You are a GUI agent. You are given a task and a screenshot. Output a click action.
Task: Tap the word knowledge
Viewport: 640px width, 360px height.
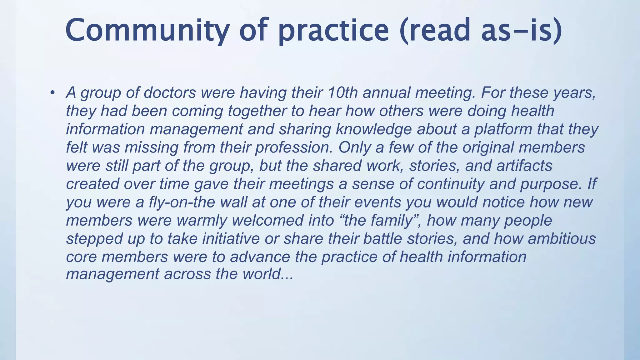pos(374,129)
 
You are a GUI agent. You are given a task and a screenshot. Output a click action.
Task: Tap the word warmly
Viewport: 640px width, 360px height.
pos(202,220)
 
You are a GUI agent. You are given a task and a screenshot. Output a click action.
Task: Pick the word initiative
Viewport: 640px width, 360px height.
pos(231,238)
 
